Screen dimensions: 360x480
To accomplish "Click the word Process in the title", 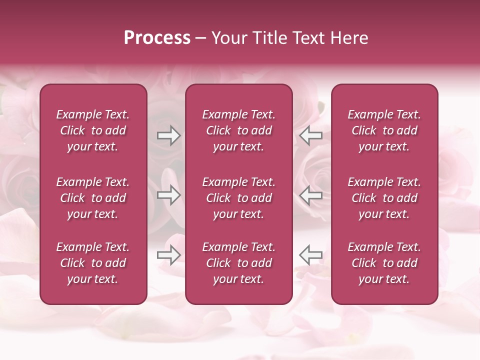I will coord(157,38).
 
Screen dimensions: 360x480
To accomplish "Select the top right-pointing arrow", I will coord(168,135).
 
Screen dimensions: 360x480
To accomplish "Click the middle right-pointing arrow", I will coord(168,195).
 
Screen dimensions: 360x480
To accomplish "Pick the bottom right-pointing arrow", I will coord(168,255).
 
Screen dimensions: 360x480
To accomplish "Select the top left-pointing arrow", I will coord(311,135).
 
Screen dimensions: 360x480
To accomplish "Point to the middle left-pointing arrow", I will coord(311,195).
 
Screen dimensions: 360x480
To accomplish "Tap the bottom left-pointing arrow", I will coord(311,255).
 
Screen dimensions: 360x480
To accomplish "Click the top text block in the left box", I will coord(93,130).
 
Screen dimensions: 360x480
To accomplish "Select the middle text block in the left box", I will coord(93,198).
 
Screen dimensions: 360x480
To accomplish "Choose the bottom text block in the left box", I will coord(93,263).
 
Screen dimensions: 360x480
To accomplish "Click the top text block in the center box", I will coord(239,130).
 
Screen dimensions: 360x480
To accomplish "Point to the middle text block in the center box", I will coord(239,198).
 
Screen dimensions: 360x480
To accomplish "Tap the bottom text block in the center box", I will coord(239,263).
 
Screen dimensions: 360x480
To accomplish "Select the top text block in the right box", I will coord(384,130).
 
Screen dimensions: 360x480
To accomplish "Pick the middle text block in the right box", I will coord(384,198).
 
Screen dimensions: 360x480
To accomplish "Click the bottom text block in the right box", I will coord(384,263).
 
